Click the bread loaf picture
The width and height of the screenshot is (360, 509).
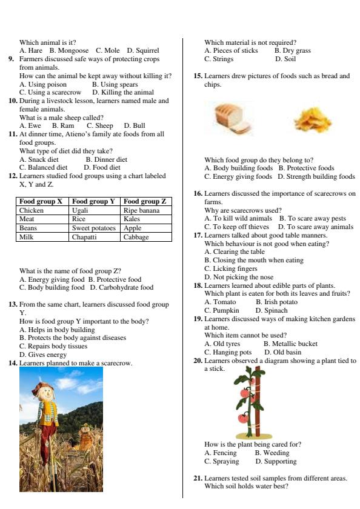232,118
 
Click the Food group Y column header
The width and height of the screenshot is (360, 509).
95,201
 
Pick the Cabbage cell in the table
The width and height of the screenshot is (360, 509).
136,237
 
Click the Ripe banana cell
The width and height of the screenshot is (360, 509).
141,210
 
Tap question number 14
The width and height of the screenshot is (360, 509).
12,363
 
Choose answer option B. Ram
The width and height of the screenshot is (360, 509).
63,125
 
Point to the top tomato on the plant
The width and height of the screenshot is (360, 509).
245,393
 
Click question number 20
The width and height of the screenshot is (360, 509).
198,361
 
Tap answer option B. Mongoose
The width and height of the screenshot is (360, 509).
69,50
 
